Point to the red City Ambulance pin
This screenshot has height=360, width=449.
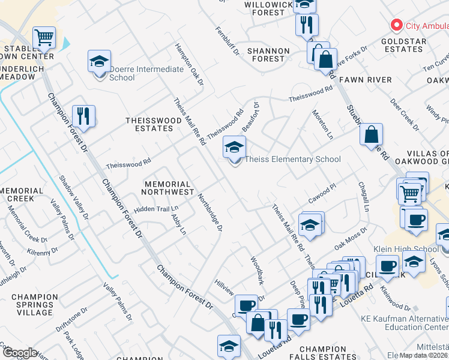pyautogui.click(x=396, y=25)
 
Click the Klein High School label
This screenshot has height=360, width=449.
pyautogui.click(x=409, y=249)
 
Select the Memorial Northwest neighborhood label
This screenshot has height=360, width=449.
pyautogui.click(x=167, y=188)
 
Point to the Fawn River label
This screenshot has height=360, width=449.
pyautogui.click(x=365, y=80)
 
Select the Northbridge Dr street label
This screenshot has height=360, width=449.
pyautogui.click(x=211, y=213)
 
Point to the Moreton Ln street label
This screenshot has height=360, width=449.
pyautogui.click(x=322, y=125)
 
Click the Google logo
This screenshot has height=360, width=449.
pyautogui.click(x=20, y=353)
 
